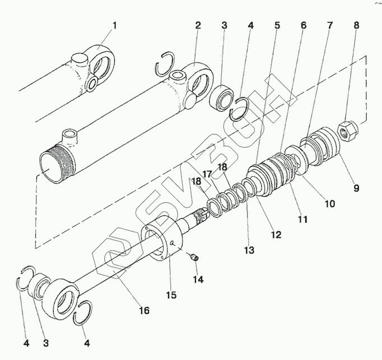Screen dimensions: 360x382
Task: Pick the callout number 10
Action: [329, 204]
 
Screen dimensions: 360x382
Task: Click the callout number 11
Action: [302, 219]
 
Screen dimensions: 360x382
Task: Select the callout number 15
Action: [170, 294]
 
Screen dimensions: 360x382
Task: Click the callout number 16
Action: [144, 310]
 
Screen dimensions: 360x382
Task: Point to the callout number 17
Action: [207, 174]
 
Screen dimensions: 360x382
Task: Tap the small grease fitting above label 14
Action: [194, 256]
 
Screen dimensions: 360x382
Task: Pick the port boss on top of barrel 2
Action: [71, 134]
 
